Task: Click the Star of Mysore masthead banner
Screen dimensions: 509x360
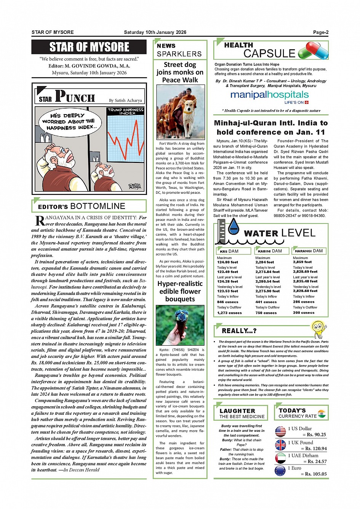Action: [x=89, y=47]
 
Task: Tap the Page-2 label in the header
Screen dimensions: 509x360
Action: [x=320, y=32]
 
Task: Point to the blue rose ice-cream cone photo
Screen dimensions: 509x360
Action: [x=180, y=325]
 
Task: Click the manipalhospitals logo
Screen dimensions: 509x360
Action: [x=269, y=95]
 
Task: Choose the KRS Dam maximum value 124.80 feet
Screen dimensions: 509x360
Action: [x=227, y=262]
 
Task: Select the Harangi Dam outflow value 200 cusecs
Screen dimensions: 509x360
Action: [x=304, y=313]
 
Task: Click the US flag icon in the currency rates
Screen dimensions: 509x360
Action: [x=280, y=431]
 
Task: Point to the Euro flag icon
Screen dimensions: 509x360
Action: [x=280, y=471]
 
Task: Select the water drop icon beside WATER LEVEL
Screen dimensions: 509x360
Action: [x=234, y=227]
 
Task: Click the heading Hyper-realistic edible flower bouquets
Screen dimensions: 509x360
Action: [x=180, y=291]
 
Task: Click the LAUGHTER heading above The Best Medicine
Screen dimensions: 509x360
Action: [x=237, y=411]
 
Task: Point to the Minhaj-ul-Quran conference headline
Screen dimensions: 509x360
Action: [x=270, y=128]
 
